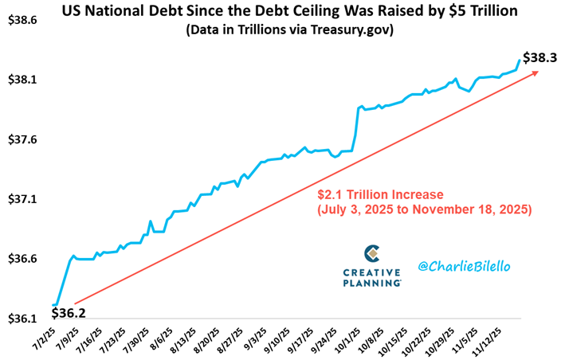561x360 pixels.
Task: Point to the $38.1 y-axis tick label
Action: [x=22, y=80]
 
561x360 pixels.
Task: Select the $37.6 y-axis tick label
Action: [x=22, y=139]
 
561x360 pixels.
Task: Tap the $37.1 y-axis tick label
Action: [x=22, y=199]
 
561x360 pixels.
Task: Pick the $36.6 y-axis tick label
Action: [x=22, y=259]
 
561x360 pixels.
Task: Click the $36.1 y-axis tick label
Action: [x=22, y=319]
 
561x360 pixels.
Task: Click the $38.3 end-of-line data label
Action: [x=539, y=57]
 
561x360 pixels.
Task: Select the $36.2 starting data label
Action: [x=69, y=314]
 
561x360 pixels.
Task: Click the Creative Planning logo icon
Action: [x=371, y=254]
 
